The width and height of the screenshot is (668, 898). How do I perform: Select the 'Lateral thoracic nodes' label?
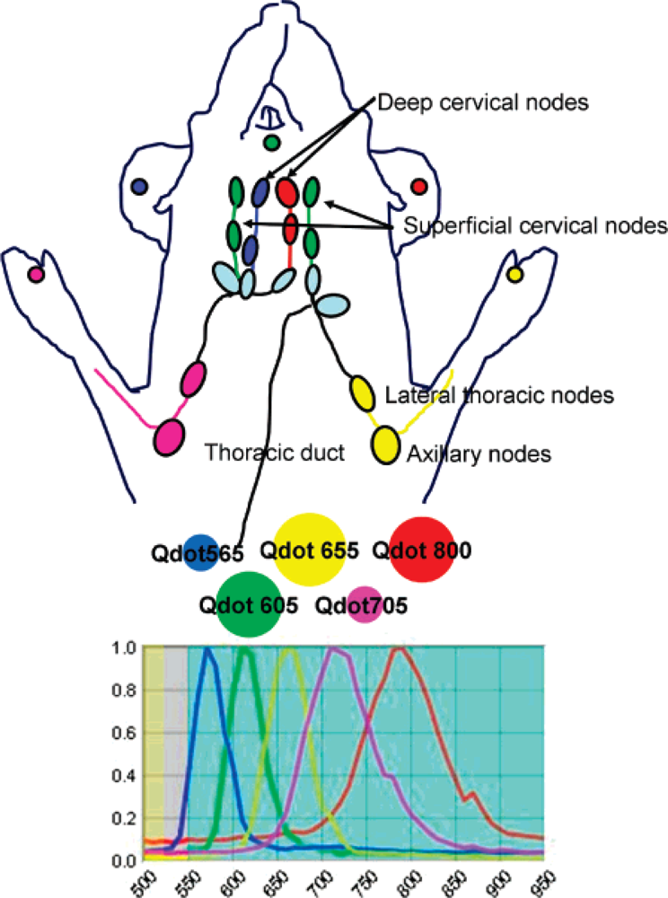(498, 394)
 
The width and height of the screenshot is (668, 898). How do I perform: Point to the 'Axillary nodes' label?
(477, 454)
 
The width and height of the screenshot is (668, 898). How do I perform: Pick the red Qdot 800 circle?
(421, 550)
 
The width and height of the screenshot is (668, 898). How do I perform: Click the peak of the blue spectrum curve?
(209, 650)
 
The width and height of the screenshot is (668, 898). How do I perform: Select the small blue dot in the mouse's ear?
(138, 187)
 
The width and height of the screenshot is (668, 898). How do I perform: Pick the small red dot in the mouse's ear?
(418, 186)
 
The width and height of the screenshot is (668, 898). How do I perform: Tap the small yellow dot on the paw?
(514, 274)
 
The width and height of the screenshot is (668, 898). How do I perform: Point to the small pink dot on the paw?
(35, 274)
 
